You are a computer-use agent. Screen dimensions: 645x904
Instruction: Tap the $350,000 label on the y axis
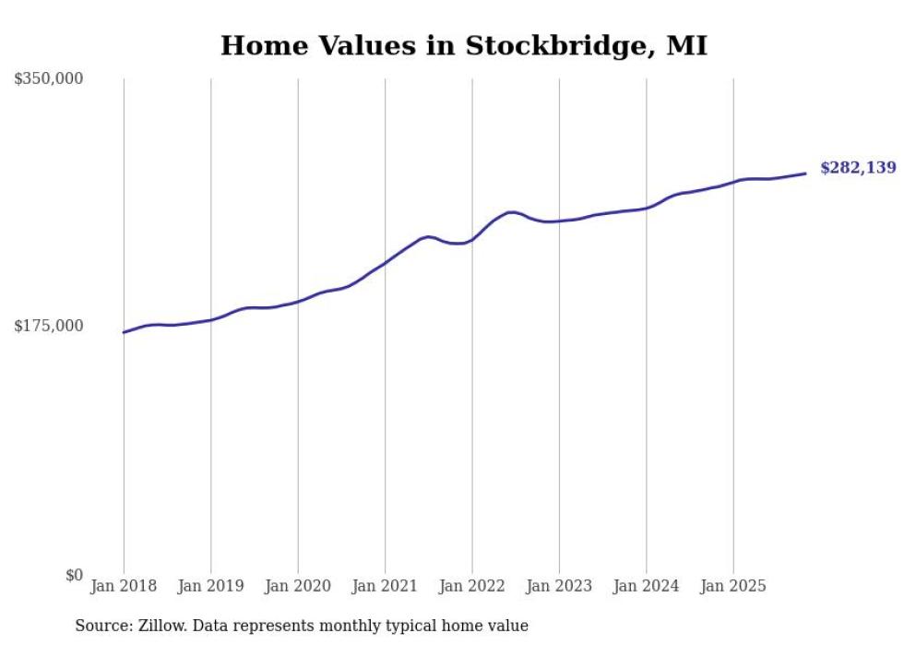coord(49,79)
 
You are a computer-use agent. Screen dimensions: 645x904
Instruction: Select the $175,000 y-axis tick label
coord(49,326)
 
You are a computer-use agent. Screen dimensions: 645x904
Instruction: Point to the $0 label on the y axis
coord(74,575)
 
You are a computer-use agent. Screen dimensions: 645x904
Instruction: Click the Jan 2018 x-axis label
coord(124,586)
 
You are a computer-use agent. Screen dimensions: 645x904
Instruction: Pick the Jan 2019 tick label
coord(210,586)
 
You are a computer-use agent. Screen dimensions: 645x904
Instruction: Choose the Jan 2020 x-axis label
coord(298,586)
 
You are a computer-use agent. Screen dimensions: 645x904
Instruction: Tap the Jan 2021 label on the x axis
coord(385,586)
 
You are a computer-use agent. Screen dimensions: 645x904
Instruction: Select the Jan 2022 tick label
coord(471,586)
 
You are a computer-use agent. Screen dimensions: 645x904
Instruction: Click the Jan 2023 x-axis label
coord(559,586)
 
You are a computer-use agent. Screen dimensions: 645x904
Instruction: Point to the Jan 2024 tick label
coord(646,586)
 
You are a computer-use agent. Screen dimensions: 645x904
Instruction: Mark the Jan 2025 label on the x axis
coord(733,586)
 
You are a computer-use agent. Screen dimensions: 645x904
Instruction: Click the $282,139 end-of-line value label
coord(858,168)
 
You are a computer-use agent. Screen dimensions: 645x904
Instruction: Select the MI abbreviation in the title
coord(686,45)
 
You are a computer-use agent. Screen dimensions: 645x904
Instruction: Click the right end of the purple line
coord(805,173)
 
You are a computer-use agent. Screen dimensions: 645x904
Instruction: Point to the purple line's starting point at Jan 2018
coord(124,332)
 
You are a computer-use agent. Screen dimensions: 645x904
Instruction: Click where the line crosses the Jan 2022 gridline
coord(471,240)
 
